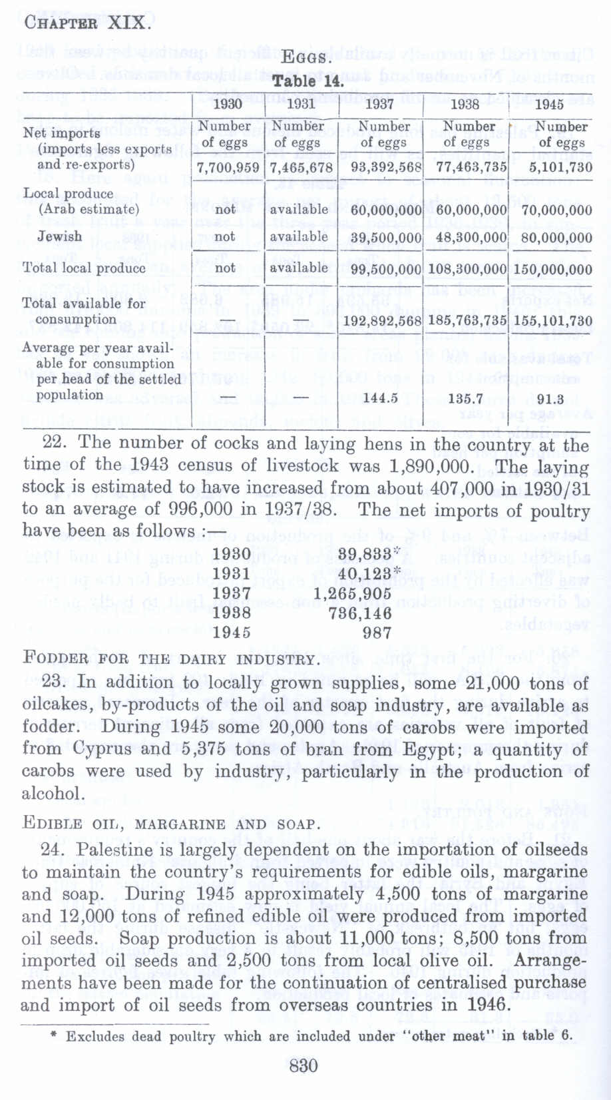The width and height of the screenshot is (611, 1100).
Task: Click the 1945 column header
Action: pos(550,104)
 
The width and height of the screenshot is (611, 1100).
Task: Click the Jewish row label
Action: pos(60,236)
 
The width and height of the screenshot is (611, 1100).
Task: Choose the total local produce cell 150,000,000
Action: pos(553,269)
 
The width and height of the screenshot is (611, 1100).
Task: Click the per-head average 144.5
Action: pos(381,398)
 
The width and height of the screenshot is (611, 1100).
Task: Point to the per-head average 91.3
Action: pos(550,398)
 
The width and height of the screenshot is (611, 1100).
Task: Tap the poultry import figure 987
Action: pos(377,633)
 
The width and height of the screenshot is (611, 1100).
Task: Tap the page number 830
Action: pos(304,1065)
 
